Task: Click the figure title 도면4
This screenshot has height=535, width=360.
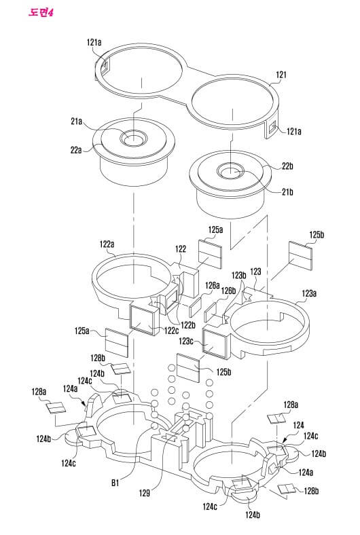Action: point(41,13)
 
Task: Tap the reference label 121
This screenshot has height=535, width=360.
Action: point(281,75)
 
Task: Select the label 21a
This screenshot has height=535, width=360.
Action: point(77,122)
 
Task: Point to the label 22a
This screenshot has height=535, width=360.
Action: point(77,150)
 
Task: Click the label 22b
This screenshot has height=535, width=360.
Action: point(287,166)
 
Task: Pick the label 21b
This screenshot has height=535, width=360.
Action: point(287,192)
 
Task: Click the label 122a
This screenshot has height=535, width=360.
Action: point(107,244)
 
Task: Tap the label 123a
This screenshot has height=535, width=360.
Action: point(309,293)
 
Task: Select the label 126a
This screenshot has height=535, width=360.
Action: point(212,285)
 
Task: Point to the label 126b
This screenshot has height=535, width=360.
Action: point(228,291)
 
